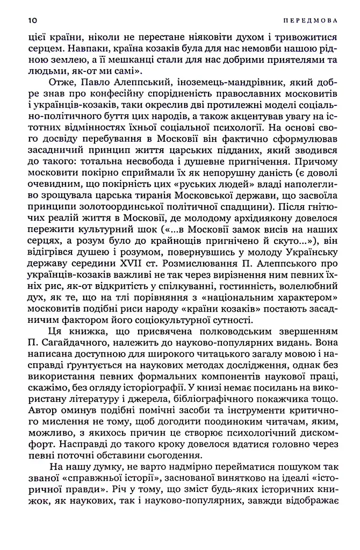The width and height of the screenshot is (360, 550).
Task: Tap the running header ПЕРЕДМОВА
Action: click(x=310, y=20)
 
